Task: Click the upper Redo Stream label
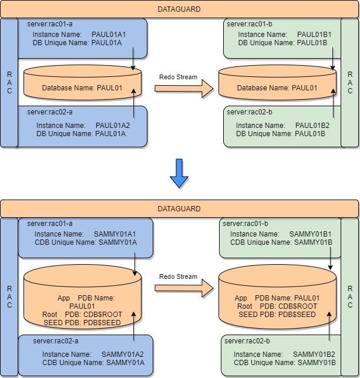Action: (179, 77)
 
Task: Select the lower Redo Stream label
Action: (179, 276)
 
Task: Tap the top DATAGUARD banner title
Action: (179, 9)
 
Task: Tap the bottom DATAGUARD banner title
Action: (179, 208)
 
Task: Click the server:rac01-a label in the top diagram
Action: (50, 24)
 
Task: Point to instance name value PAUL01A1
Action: (109, 35)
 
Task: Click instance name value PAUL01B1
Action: (314, 35)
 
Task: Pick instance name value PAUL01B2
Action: (312, 126)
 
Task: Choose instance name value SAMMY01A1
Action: (116, 234)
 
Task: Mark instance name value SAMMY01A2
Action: (122, 355)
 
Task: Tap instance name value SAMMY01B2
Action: (314, 355)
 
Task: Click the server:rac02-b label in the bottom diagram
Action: (248, 341)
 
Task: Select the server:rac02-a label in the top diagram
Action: (50, 112)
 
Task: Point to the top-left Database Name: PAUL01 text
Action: (82, 88)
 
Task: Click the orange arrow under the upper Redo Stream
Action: (183, 88)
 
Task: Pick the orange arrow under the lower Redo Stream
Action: (183, 288)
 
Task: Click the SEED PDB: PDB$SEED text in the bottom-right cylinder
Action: (277, 315)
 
